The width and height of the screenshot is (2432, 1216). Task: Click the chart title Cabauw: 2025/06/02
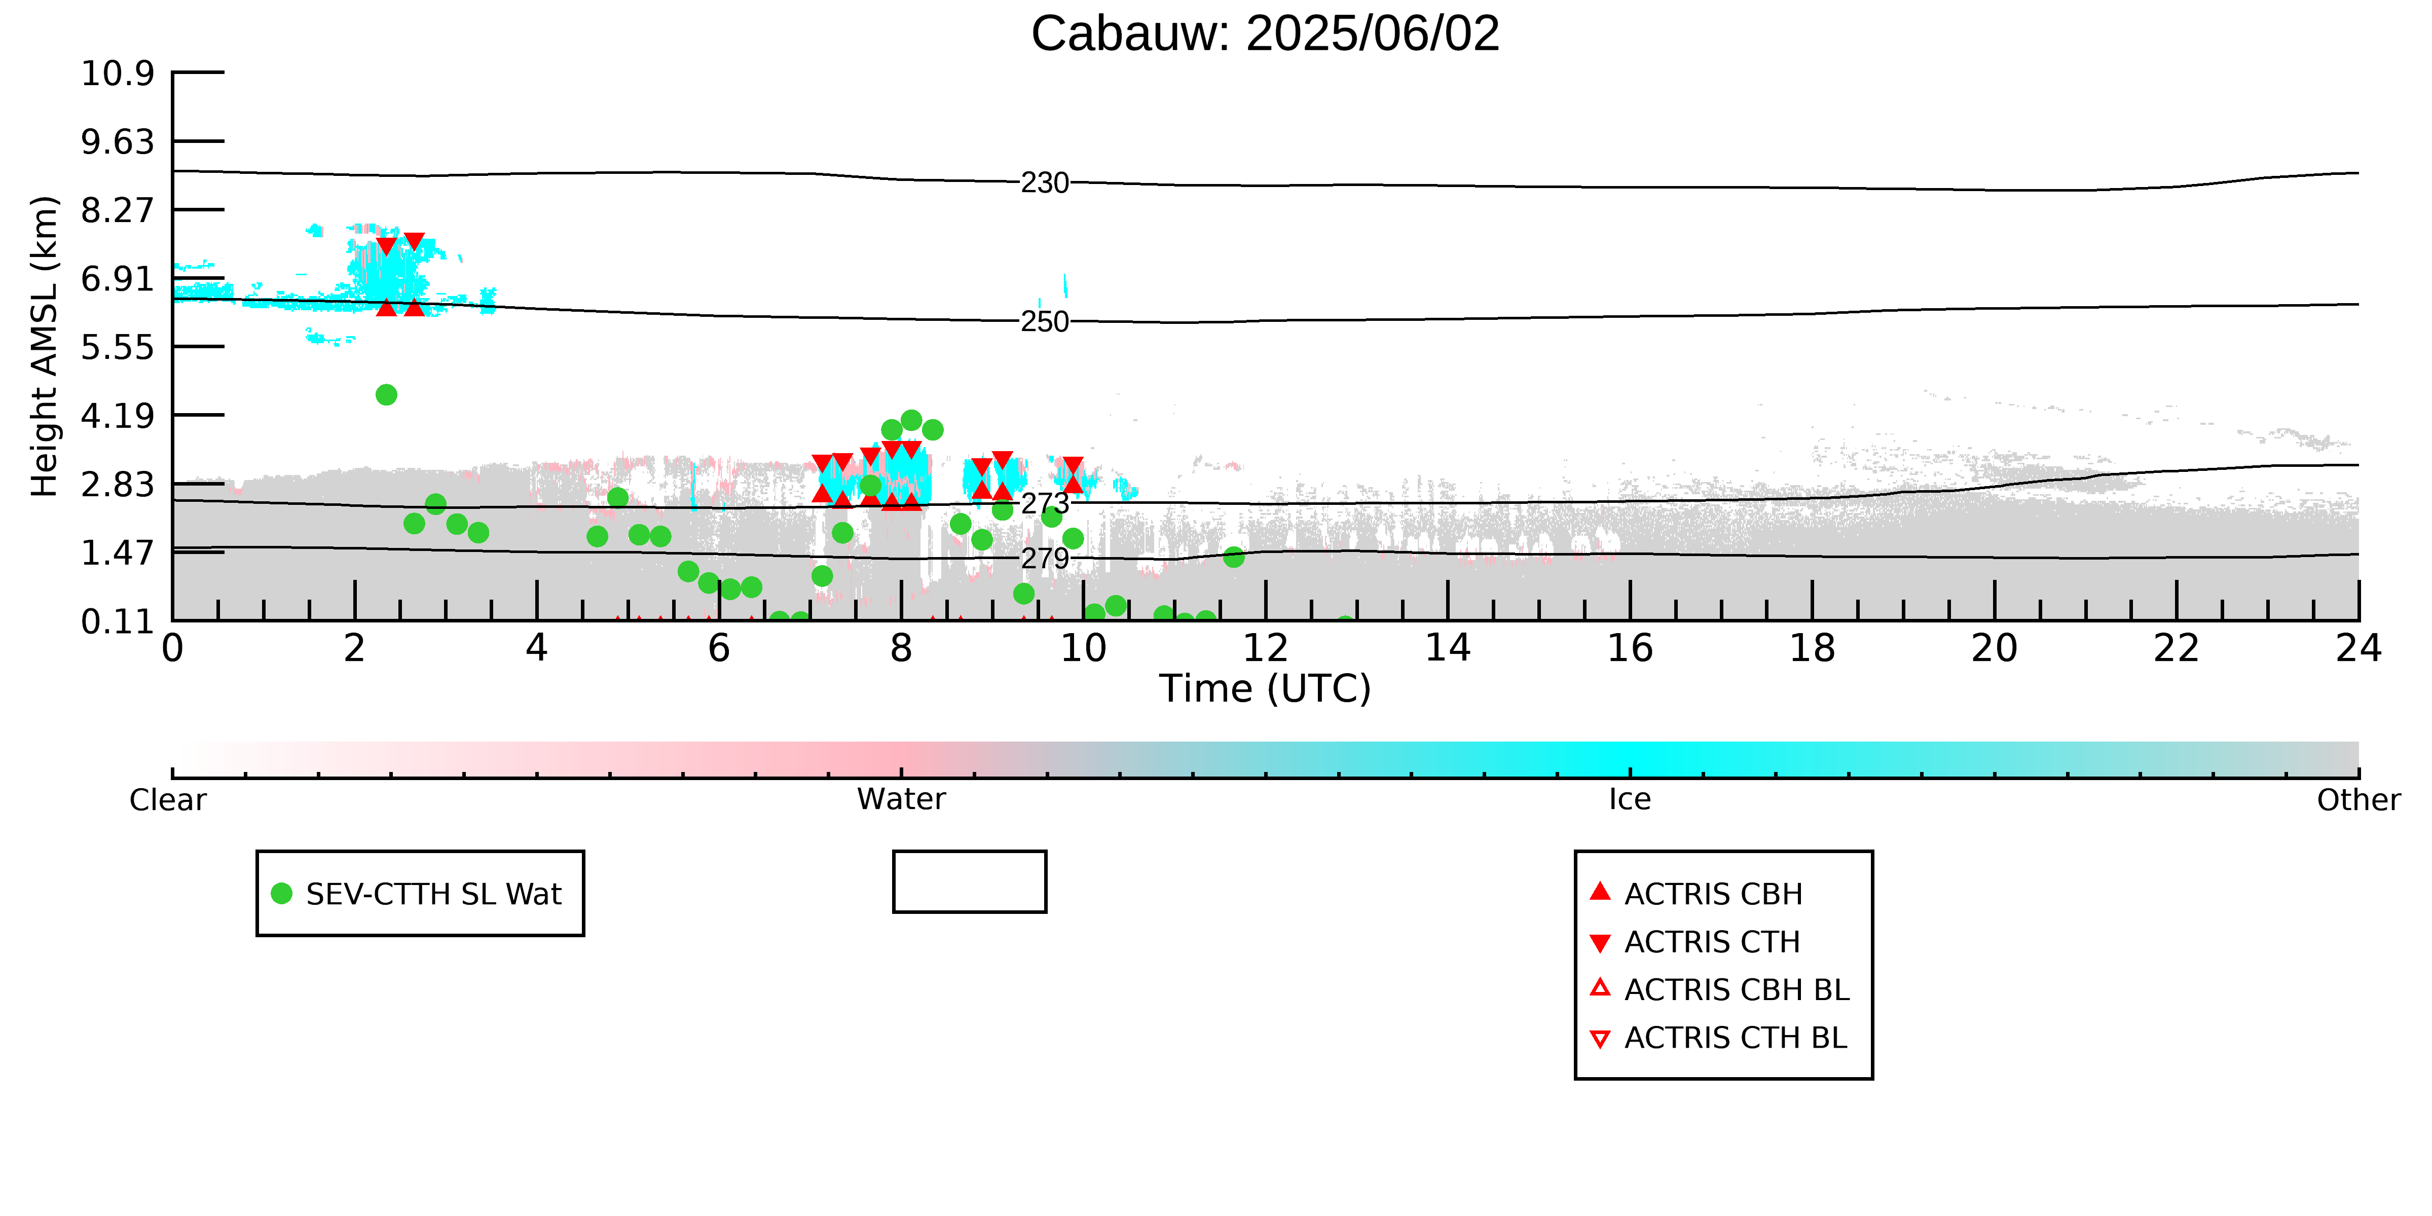1265,34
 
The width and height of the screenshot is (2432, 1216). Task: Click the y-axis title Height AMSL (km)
45,347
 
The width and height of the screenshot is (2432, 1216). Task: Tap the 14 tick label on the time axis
1447,649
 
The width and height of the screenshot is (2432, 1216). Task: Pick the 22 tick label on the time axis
2176,649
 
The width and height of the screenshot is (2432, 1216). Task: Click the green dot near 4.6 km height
386,395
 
